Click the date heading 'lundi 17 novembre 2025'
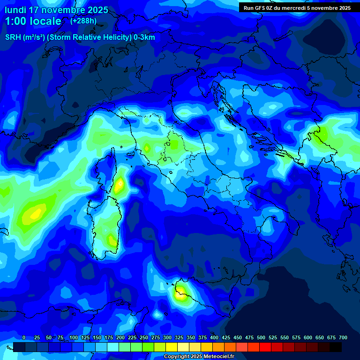56,10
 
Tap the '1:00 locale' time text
33,21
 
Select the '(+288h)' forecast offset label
83,21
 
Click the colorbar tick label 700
343,337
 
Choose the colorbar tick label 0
24,337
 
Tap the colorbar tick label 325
179,337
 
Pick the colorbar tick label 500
261,337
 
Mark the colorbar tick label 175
109,337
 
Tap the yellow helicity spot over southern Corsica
120,185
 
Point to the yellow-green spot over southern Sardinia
112,240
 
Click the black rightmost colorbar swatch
336,347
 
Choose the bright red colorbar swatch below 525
265,347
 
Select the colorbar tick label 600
308,337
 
